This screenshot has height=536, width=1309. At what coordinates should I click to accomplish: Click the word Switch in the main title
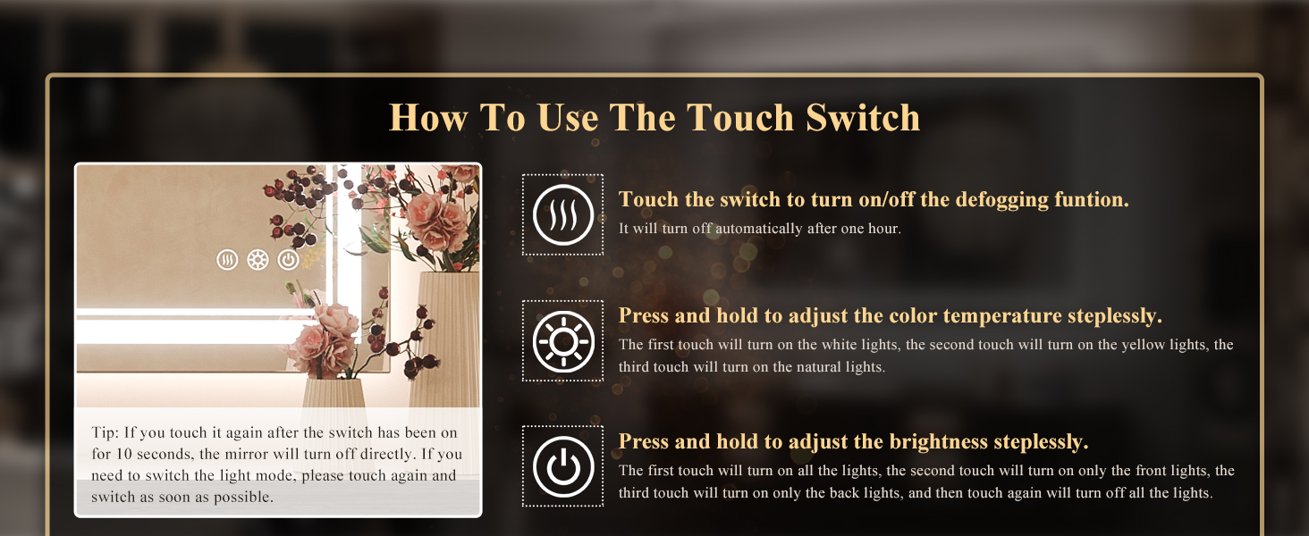pos(863,117)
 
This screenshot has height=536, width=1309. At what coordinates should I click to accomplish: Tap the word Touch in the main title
pos(740,117)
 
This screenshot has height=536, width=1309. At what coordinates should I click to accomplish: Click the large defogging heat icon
pos(562,214)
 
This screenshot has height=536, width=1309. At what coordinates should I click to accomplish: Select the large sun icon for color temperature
pos(562,341)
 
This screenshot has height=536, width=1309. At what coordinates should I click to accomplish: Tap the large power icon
pos(562,467)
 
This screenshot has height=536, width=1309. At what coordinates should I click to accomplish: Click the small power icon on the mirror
pos(288,260)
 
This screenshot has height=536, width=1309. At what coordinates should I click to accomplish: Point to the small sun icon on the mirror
pos(258,260)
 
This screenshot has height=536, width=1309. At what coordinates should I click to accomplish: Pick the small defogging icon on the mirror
pos(227,260)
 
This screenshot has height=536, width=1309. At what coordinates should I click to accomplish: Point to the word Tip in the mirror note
pos(105,432)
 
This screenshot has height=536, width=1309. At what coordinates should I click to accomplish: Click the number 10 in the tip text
pos(124,454)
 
